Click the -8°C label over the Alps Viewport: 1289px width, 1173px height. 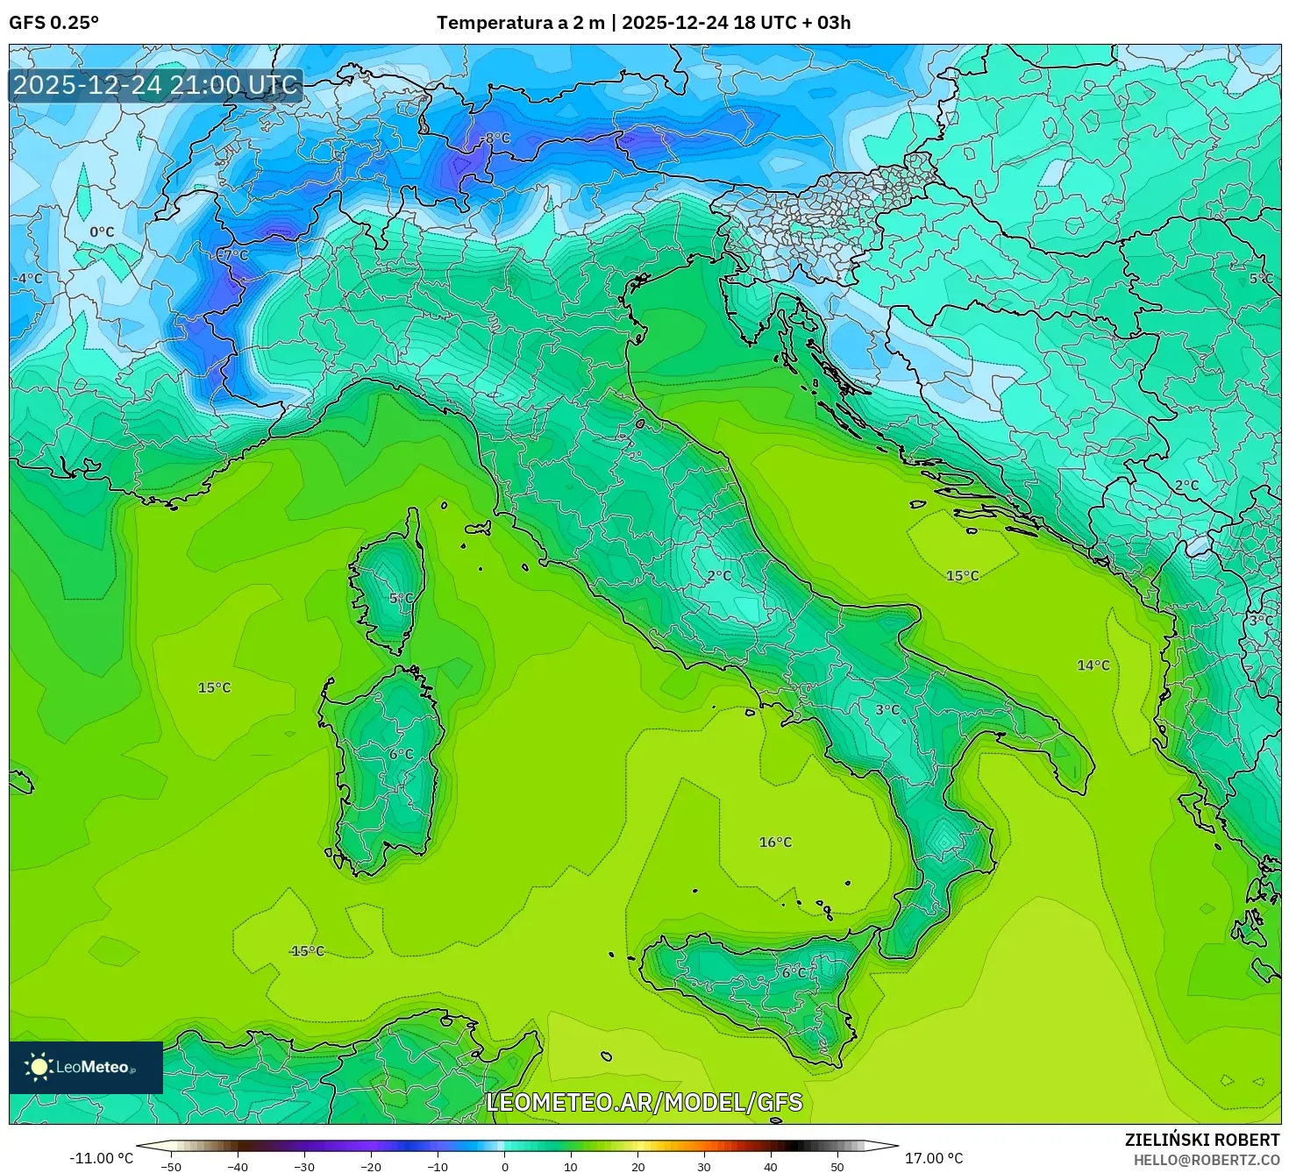point(497,139)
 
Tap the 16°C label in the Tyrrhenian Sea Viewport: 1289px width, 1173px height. point(775,842)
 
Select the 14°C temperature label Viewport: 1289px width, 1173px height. point(1093,665)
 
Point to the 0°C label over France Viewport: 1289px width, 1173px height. point(102,232)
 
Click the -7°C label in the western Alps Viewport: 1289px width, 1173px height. point(234,255)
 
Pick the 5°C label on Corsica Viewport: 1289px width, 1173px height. point(401,599)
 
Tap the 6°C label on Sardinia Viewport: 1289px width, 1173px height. point(401,754)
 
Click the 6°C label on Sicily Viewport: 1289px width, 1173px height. point(794,972)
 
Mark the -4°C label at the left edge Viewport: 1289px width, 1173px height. point(27,279)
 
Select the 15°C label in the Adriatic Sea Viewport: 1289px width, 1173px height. point(962,576)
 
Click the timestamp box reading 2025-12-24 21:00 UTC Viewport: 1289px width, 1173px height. point(156,86)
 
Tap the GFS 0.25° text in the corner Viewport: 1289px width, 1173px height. point(54,23)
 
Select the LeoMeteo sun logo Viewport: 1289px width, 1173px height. point(39,1067)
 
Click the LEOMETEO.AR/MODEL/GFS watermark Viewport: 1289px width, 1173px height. point(644,1102)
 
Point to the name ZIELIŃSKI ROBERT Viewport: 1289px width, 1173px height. point(1201,1140)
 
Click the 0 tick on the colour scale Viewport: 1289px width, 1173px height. point(504,1166)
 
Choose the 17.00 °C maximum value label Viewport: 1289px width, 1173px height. point(934,1158)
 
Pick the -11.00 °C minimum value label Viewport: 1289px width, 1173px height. point(101,1158)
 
